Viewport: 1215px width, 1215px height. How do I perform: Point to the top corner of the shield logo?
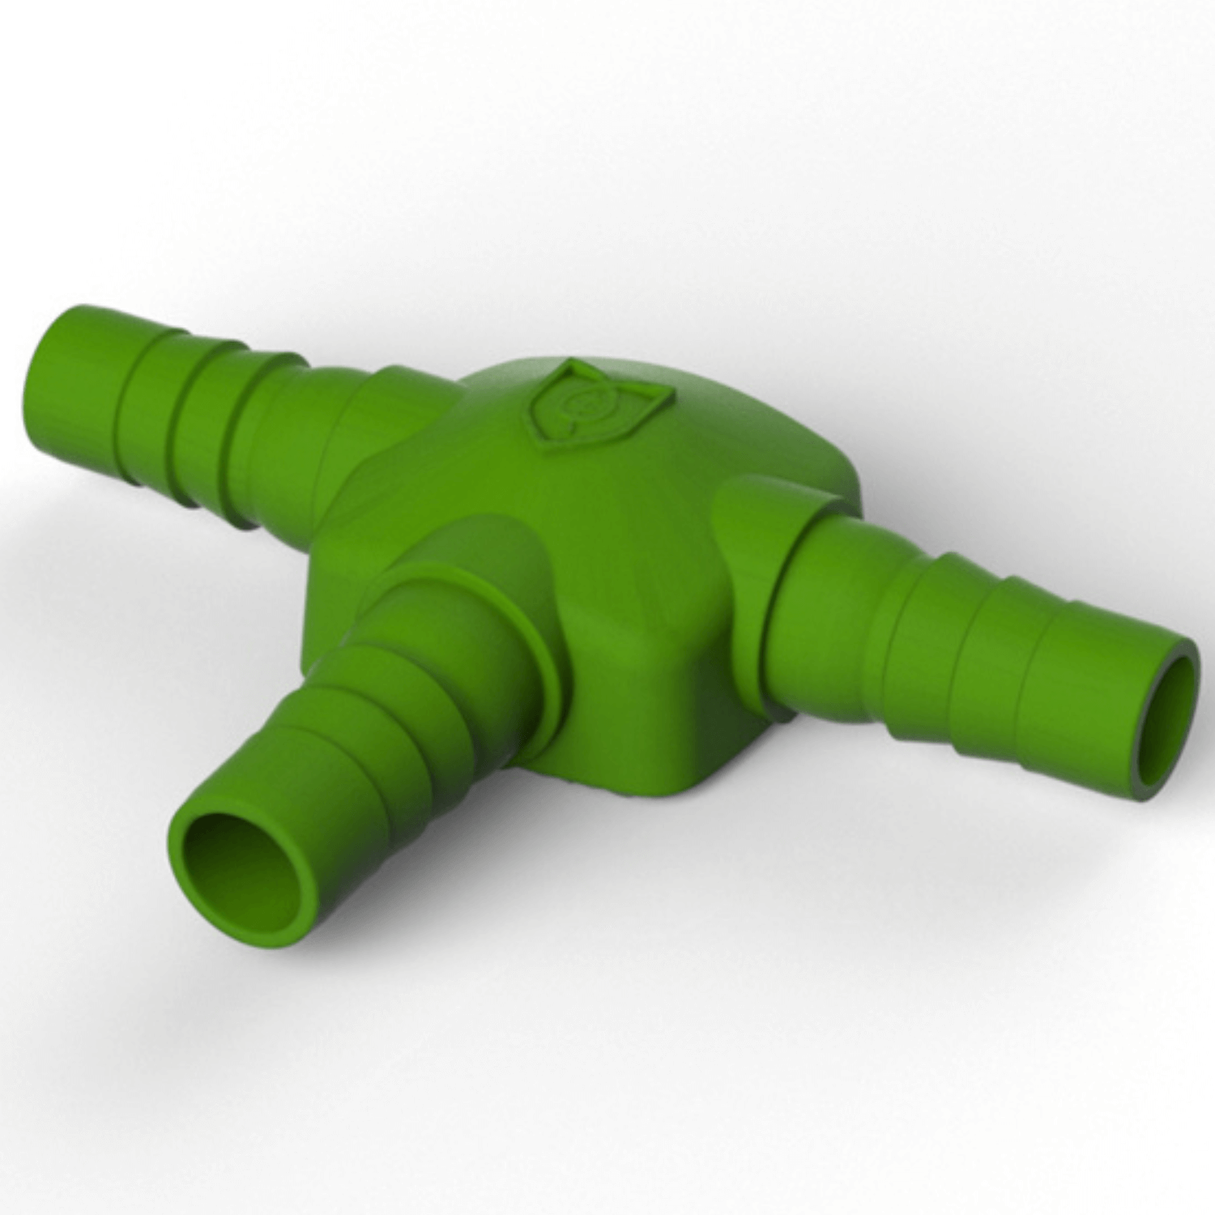coord(573,364)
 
